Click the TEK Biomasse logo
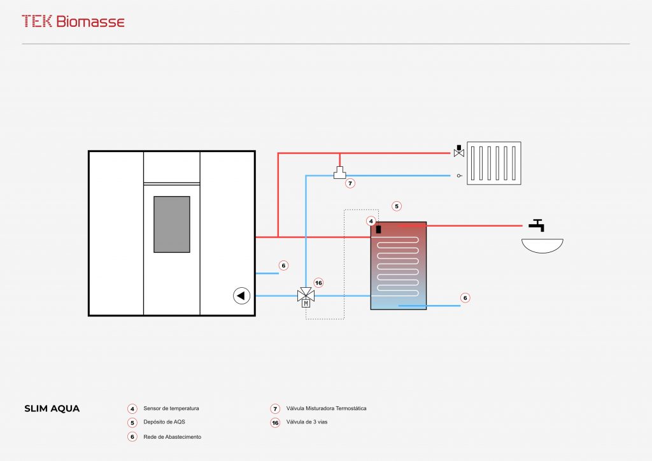tap(73, 21)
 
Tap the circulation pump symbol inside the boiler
tap(241, 295)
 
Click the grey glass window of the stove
tap(171, 224)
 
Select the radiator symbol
tap(493, 163)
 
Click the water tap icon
tap(537, 225)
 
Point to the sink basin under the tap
tap(542, 245)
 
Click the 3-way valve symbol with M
tap(306, 297)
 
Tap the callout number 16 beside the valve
tap(319, 283)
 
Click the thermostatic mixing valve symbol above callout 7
tap(339, 172)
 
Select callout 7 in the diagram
tap(350, 183)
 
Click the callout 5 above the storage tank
tap(397, 206)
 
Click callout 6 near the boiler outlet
tap(284, 265)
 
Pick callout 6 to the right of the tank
tap(465, 297)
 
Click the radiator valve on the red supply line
tap(458, 152)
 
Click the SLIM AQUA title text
tap(52, 409)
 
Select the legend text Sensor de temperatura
tap(171, 408)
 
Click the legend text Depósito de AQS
tap(164, 422)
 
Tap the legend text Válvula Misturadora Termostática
tap(327, 408)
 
